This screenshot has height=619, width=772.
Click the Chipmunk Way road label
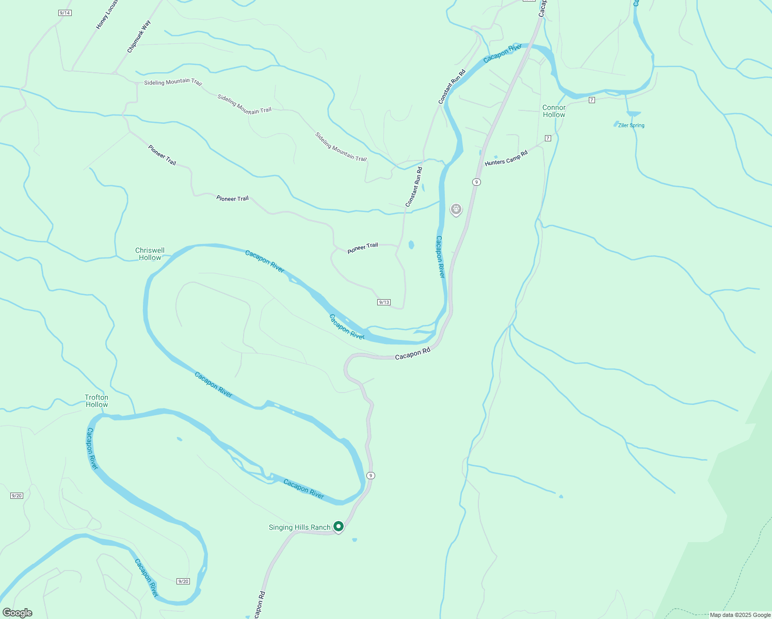(x=139, y=37)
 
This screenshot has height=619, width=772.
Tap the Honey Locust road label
(x=107, y=14)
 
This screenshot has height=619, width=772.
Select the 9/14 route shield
(x=65, y=13)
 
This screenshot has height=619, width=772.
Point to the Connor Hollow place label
(x=554, y=111)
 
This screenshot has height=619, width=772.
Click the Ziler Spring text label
(x=631, y=125)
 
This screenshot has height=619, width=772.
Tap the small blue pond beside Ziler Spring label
(x=616, y=124)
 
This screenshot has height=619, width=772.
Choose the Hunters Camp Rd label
(x=506, y=158)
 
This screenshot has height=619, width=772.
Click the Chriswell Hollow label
(x=150, y=254)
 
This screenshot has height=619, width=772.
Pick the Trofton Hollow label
(x=96, y=401)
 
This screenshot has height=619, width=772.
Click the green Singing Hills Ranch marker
(x=339, y=526)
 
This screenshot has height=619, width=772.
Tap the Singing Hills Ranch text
(x=299, y=527)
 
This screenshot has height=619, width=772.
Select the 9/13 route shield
(x=384, y=302)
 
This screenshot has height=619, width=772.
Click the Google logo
(x=17, y=613)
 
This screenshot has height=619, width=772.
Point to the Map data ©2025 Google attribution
(x=740, y=615)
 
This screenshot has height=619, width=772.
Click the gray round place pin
(x=456, y=209)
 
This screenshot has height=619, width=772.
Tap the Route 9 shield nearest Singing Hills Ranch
(x=371, y=475)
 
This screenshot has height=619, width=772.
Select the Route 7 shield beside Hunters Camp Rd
(x=548, y=138)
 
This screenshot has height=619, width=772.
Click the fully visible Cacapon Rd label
(x=412, y=354)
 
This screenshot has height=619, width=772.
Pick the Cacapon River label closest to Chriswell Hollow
(x=265, y=261)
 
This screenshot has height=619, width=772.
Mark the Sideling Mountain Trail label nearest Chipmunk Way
(x=173, y=82)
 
